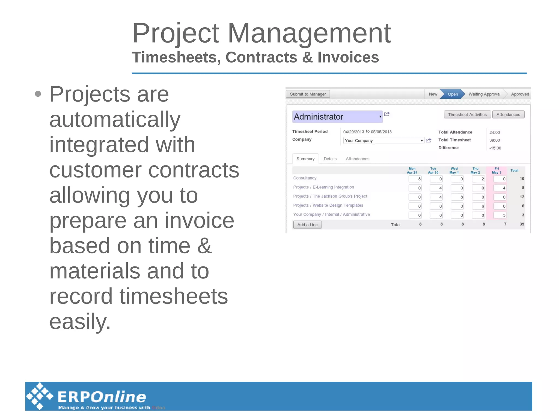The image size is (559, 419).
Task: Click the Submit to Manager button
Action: click(308, 94)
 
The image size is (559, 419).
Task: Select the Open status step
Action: click(453, 94)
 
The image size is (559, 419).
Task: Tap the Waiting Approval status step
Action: click(484, 94)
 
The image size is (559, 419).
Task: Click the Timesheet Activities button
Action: click(467, 115)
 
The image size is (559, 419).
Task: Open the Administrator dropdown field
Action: click(337, 117)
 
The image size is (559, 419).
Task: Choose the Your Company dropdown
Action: click(383, 141)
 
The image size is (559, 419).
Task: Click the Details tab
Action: click(330, 159)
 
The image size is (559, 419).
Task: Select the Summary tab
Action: click(305, 159)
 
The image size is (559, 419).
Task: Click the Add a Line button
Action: click(307, 225)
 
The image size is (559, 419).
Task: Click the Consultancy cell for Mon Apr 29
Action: click(415, 179)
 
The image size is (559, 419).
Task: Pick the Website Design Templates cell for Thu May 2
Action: click(478, 206)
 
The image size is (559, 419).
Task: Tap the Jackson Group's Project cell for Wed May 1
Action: click(457, 197)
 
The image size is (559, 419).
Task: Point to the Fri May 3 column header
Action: click(496, 171)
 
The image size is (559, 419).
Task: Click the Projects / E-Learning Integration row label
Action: click(323, 187)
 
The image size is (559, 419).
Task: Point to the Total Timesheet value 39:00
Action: click(494, 140)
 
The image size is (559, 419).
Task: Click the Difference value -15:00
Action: click(495, 148)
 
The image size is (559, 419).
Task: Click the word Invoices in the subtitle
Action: click(348, 57)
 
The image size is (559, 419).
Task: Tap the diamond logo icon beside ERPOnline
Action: click(40, 396)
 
